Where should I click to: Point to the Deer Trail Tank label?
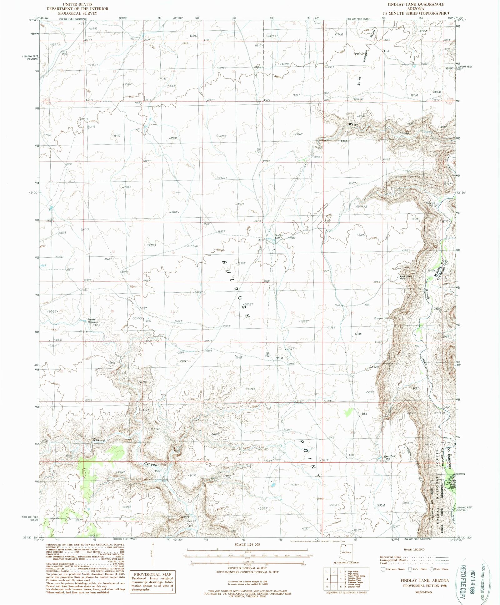click(390, 457)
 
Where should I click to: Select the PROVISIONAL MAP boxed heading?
click(153, 574)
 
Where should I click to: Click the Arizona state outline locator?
click(347, 552)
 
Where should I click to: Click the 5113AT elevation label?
click(358, 334)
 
